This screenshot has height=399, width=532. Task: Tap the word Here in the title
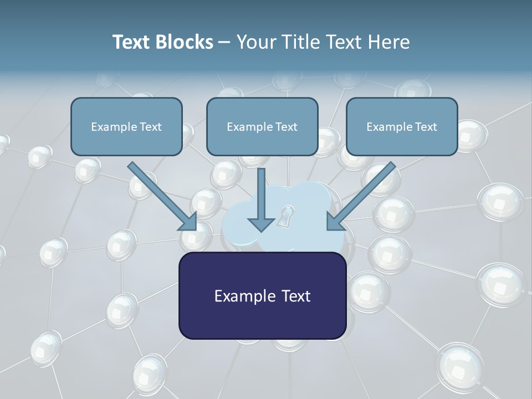388,42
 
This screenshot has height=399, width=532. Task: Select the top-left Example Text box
126,126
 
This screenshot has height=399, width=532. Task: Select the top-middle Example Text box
262,126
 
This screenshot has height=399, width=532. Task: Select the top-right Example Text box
402,126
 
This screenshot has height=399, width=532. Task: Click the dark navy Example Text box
262,295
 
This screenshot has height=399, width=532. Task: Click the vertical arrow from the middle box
261,199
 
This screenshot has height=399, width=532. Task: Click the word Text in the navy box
292,295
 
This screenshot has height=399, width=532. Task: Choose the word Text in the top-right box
426,126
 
